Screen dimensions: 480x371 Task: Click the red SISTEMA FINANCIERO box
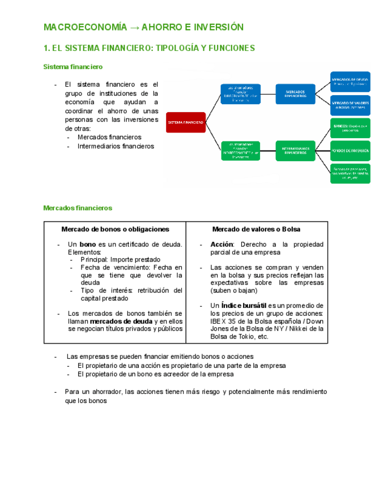(185, 122)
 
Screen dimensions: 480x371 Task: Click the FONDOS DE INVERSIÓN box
(350, 151)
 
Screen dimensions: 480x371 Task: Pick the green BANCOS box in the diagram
(350, 128)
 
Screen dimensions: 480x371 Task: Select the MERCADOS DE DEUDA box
(350, 82)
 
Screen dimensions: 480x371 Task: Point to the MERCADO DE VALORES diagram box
(350, 105)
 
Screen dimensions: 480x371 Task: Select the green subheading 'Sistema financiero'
(73, 67)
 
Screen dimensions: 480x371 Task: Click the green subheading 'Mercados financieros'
(78, 208)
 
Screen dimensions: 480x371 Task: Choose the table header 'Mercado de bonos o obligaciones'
(115, 229)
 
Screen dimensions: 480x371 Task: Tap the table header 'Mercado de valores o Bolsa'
(256, 229)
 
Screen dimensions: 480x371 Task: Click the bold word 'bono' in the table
(88, 245)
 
